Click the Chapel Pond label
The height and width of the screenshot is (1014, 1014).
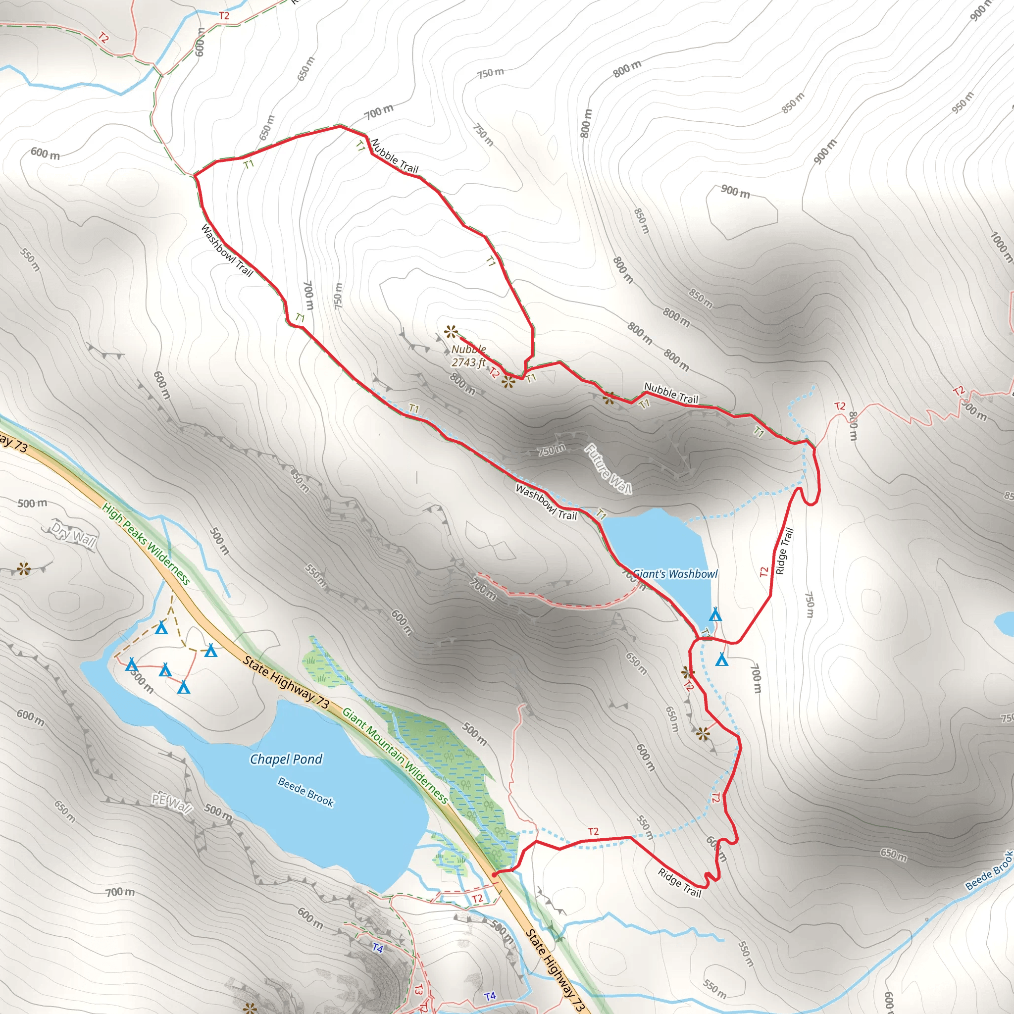(x=286, y=759)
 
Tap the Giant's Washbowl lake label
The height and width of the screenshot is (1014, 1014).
(x=675, y=574)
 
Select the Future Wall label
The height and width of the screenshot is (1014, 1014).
(x=608, y=469)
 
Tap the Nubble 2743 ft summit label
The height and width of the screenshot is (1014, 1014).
(x=469, y=356)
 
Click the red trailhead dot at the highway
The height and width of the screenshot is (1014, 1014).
(x=494, y=875)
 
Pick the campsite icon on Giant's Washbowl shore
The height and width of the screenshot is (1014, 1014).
(x=715, y=614)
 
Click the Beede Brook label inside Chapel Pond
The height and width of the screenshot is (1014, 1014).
(x=305, y=793)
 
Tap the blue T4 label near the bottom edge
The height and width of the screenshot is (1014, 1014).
(x=490, y=996)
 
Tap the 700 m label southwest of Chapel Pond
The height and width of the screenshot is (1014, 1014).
(x=121, y=892)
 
